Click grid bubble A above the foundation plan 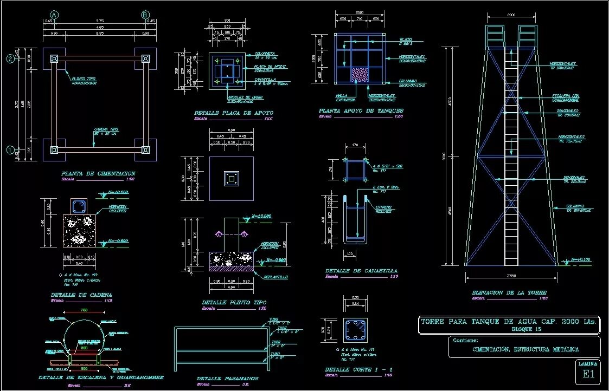point(54,14)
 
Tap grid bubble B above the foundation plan point(145,14)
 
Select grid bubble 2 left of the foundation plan point(10,58)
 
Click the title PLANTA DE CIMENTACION point(98,173)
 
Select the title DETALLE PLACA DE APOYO point(234,113)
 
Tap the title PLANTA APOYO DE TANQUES point(361,111)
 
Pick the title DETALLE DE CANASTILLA point(361,271)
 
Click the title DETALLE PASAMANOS point(227,379)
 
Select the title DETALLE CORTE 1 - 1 point(358,369)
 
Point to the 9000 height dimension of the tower point(445,156)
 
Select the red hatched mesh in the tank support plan point(360,74)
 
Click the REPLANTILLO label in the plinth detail point(276,277)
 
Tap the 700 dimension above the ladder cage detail point(84,310)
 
